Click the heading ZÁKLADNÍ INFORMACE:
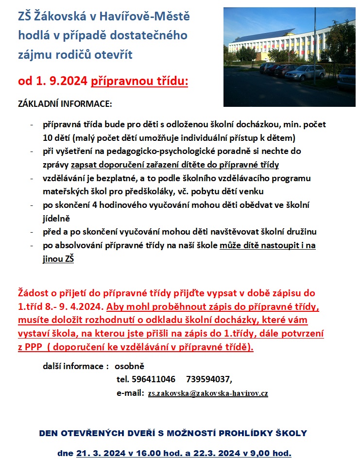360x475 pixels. (x=65, y=104)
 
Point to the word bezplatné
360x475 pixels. (x=101, y=178)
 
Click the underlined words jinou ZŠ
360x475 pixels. (x=58, y=259)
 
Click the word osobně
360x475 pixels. (x=129, y=366)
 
